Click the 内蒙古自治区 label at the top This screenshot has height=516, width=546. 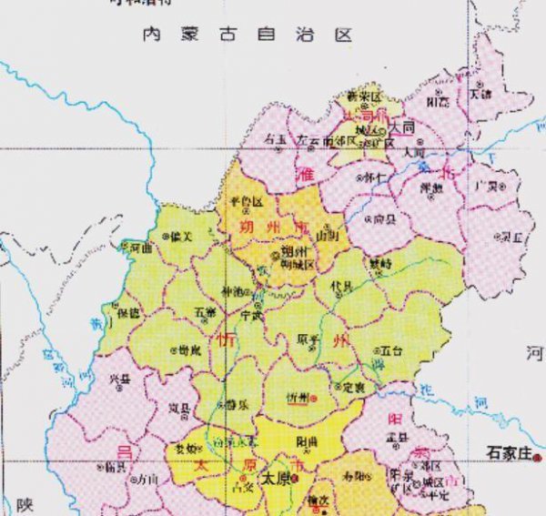[247, 35]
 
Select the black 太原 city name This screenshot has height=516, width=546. [274, 477]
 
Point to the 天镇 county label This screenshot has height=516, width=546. [480, 93]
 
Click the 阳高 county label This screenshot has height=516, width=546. [438, 101]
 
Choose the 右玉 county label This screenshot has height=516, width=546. [274, 140]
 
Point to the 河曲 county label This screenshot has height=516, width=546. [138, 247]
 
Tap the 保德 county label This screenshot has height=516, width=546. [128, 312]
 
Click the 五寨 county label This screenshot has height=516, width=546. [206, 312]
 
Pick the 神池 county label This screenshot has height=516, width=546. [233, 292]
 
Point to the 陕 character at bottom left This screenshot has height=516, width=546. [24, 503]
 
